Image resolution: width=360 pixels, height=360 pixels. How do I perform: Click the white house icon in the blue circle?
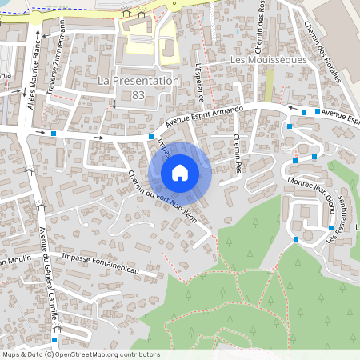[180, 173]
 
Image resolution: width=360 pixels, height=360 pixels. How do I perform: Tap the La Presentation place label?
[137, 82]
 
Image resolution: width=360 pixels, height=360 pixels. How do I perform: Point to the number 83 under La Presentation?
[138, 94]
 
